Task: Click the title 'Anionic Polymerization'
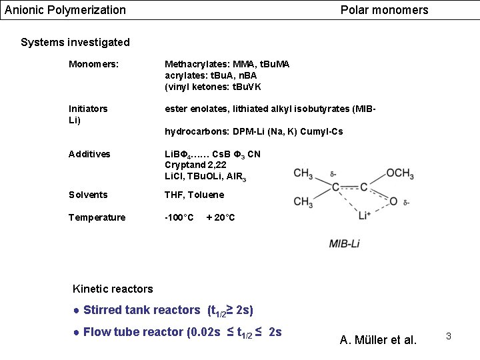pos(65,10)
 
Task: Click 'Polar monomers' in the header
pos(384,10)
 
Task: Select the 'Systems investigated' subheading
pos(75,43)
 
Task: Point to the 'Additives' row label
pos(89,154)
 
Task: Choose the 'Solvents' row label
pos(88,195)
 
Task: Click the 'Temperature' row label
pos(97,217)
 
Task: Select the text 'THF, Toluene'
pos(195,195)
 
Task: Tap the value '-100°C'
pos(179,217)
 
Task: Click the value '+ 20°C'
pos(221,217)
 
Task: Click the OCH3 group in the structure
pos(401,173)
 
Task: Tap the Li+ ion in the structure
pos(365,215)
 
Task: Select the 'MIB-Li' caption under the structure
pos(345,243)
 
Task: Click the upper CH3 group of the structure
pos(303,173)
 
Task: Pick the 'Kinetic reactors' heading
pos(112,289)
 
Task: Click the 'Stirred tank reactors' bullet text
pos(141,310)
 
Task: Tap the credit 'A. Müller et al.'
pos(378,340)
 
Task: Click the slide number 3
pos(449,336)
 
